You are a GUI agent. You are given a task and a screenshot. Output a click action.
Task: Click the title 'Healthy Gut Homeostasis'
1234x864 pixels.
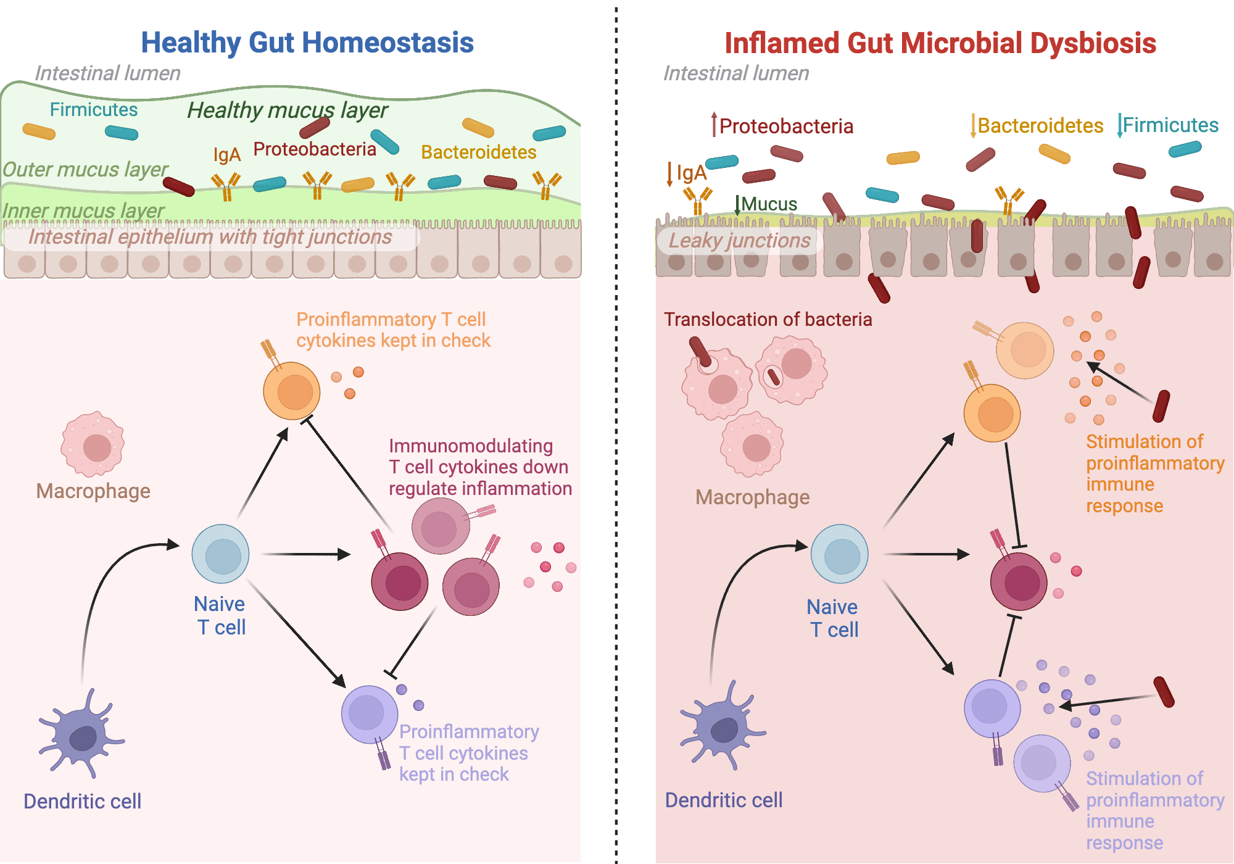(307, 43)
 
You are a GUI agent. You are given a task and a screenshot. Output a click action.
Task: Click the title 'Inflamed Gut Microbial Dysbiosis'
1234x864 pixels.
(940, 43)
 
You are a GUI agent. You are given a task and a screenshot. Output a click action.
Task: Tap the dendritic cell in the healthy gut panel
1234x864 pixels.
(81, 734)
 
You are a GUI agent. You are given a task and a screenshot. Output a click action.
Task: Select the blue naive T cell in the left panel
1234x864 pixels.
(220, 554)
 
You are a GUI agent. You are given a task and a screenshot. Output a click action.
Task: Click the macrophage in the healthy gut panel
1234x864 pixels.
(93, 444)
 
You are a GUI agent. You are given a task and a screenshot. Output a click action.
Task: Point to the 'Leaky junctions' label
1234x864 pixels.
(739, 241)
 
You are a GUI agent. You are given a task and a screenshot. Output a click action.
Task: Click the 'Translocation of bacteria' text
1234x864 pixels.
(768, 319)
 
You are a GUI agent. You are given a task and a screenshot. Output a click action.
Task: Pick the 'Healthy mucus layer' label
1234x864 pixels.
(287, 110)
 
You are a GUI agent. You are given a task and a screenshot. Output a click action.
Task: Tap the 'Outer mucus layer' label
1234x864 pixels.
(85, 169)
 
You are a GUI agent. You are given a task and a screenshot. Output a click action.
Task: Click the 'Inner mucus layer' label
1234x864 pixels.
(83, 210)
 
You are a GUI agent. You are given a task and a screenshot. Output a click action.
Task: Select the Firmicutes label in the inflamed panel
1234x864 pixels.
(1170, 125)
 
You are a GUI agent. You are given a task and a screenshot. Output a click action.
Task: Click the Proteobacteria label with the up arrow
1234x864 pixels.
(785, 126)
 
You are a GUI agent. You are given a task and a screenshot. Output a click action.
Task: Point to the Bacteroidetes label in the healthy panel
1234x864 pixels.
(478, 152)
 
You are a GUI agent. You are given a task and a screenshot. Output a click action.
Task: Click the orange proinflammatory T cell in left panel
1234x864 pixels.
(292, 391)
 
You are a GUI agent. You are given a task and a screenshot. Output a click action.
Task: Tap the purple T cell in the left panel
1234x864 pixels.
(369, 713)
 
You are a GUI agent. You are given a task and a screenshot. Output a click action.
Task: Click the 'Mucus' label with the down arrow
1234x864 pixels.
(768, 204)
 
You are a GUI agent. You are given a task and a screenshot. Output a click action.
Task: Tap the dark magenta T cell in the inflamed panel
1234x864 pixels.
(1019, 581)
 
